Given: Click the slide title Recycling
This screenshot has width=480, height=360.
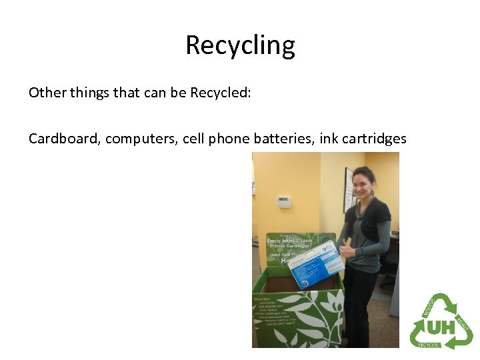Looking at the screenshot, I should coord(240,45).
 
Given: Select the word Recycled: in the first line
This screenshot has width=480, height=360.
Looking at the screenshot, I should coord(220,93).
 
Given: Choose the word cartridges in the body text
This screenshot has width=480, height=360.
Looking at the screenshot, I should coord(374,139).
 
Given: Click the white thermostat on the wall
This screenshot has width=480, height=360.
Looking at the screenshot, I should coord(285,202).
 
